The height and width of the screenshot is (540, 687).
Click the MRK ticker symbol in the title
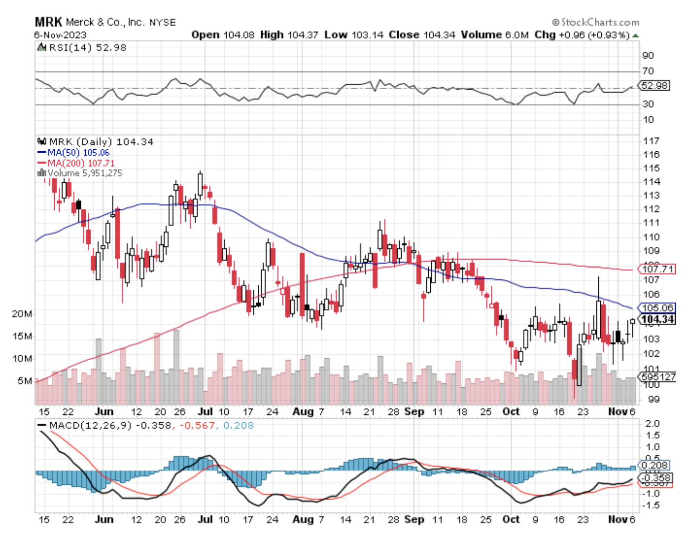48,22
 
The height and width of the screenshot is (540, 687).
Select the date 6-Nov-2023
60,35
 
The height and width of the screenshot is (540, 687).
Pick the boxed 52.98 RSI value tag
655,86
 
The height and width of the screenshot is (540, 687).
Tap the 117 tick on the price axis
651,141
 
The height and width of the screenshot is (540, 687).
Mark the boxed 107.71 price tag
657,269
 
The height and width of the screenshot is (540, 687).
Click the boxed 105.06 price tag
657,308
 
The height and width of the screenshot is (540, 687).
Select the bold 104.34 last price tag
657,319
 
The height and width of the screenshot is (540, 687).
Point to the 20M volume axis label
22,314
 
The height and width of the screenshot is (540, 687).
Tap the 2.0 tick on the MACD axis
653,424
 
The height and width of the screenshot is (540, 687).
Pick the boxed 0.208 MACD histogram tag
655,465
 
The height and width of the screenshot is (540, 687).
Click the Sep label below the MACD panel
414,520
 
